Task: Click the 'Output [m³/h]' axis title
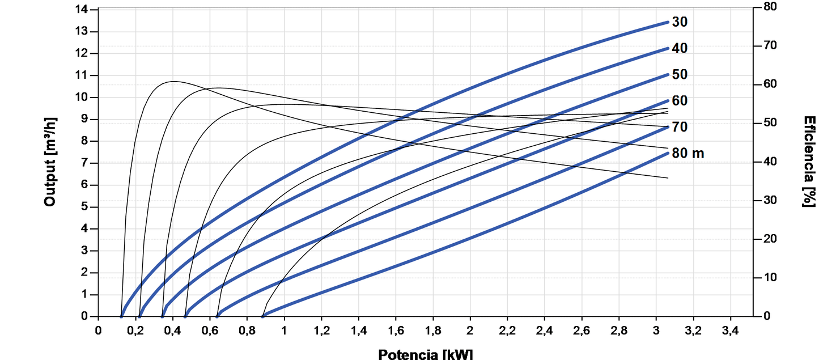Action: click(x=50, y=162)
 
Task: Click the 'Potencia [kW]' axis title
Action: click(x=425, y=354)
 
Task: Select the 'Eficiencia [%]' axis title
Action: click(x=809, y=162)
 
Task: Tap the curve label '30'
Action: click(x=680, y=23)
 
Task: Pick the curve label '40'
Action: click(x=680, y=49)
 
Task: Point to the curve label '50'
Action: click(x=680, y=75)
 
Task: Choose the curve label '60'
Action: click(x=680, y=101)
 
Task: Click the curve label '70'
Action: click(x=680, y=127)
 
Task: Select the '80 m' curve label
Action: click(x=688, y=153)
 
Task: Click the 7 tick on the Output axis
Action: click(x=85, y=163)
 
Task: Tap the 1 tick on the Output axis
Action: click(x=85, y=295)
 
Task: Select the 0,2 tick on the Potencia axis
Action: click(x=135, y=331)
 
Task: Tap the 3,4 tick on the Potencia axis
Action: click(x=730, y=331)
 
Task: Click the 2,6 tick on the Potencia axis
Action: click(x=582, y=331)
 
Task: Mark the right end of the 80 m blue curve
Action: click(x=668, y=153)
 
